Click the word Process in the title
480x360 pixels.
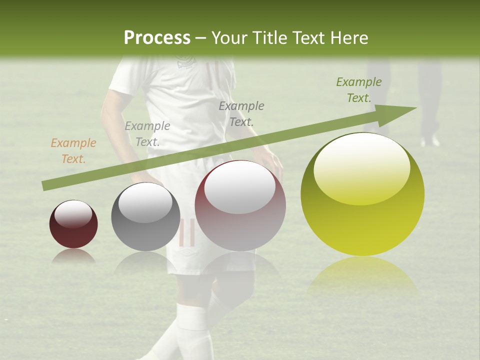157,38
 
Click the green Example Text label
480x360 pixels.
358,90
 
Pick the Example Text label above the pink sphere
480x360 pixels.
241,113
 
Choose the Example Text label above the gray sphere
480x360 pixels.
147,133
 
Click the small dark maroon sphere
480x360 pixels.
73,224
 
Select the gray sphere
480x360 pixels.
145,216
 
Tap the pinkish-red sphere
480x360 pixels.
240,205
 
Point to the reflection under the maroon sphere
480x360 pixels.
73,256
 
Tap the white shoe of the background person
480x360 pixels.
430,140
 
